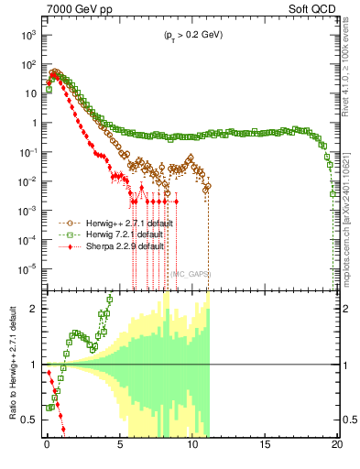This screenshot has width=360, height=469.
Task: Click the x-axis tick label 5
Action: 119,443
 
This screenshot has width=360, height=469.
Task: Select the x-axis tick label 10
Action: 191,443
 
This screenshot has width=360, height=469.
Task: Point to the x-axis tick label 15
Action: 265,443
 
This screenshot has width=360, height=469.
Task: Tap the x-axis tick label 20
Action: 336,443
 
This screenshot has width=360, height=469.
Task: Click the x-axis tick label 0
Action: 47,443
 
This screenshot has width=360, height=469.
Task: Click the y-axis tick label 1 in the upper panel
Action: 33,123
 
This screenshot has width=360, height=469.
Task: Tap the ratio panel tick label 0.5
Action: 30,420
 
